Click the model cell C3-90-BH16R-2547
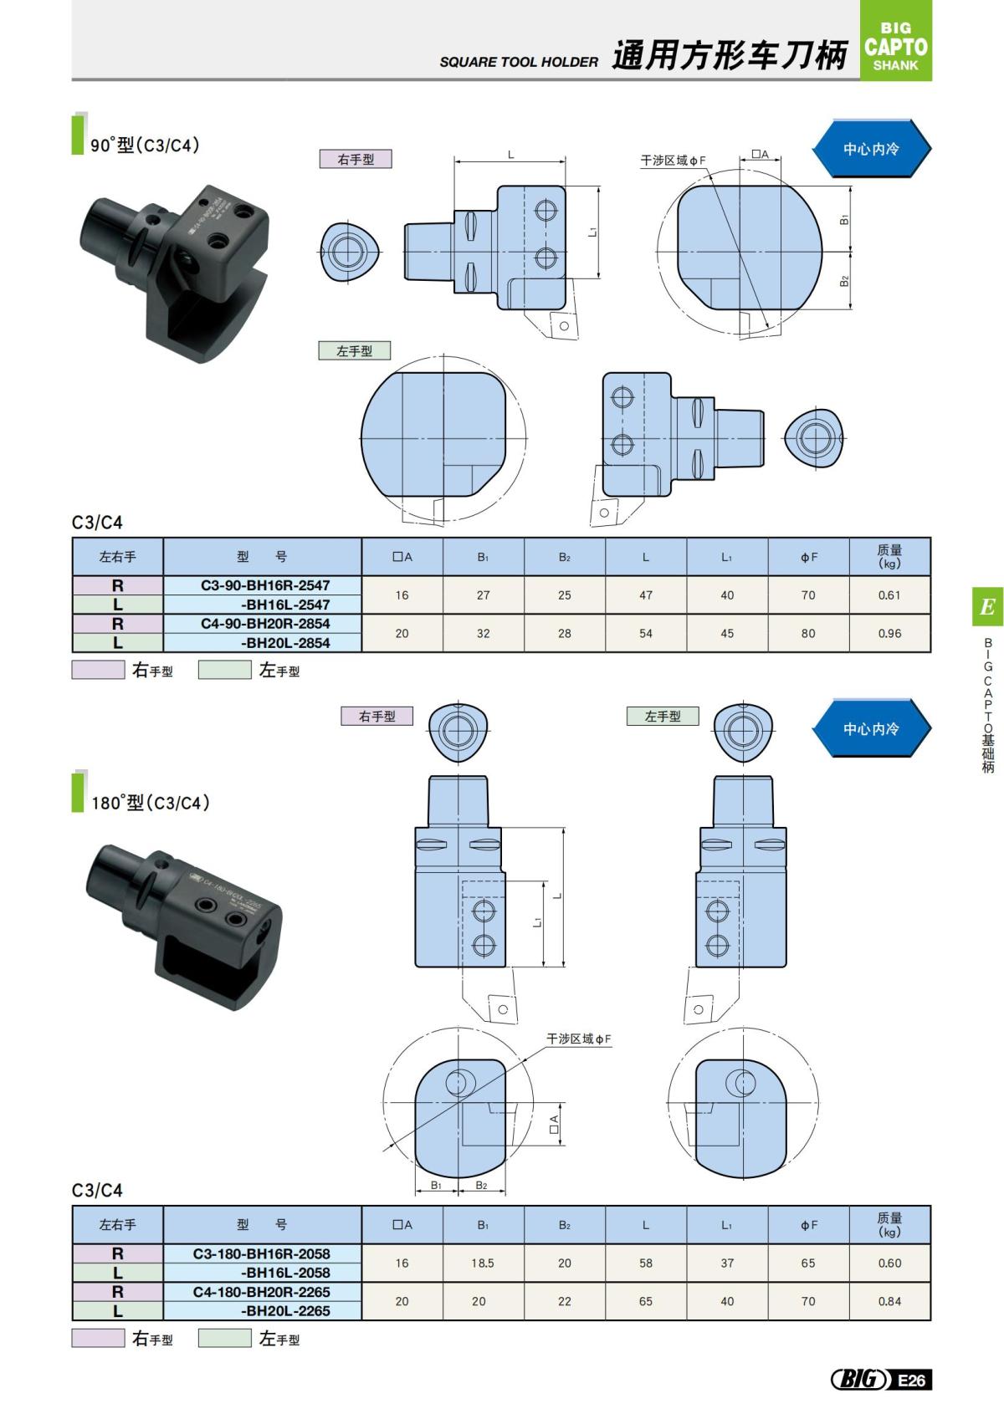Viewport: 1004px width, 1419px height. click(264, 585)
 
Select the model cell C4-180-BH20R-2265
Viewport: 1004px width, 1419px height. click(261, 1292)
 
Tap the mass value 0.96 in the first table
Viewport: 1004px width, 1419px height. click(889, 634)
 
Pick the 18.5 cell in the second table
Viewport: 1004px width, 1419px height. click(483, 1263)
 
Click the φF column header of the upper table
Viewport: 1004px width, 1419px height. click(808, 557)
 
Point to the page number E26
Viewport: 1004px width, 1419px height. click(912, 1380)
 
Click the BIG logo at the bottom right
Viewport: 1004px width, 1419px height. click(858, 1380)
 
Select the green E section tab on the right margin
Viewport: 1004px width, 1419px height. click(987, 606)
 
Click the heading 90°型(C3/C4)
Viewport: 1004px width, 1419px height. click(146, 145)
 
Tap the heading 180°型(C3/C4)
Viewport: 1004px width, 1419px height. click(151, 803)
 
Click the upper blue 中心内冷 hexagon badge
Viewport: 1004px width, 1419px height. click(871, 149)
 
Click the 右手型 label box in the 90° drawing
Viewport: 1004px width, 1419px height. click(356, 159)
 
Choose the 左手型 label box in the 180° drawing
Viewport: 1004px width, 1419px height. click(663, 717)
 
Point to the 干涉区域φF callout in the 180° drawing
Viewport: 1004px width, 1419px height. click(579, 1039)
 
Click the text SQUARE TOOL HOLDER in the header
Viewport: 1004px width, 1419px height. click(519, 62)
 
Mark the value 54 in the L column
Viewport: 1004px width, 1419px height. click(645, 634)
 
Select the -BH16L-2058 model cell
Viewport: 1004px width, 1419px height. click(284, 1273)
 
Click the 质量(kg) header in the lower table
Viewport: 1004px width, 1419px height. click(889, 1225)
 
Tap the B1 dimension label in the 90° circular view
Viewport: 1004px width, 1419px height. click(845, 220)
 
